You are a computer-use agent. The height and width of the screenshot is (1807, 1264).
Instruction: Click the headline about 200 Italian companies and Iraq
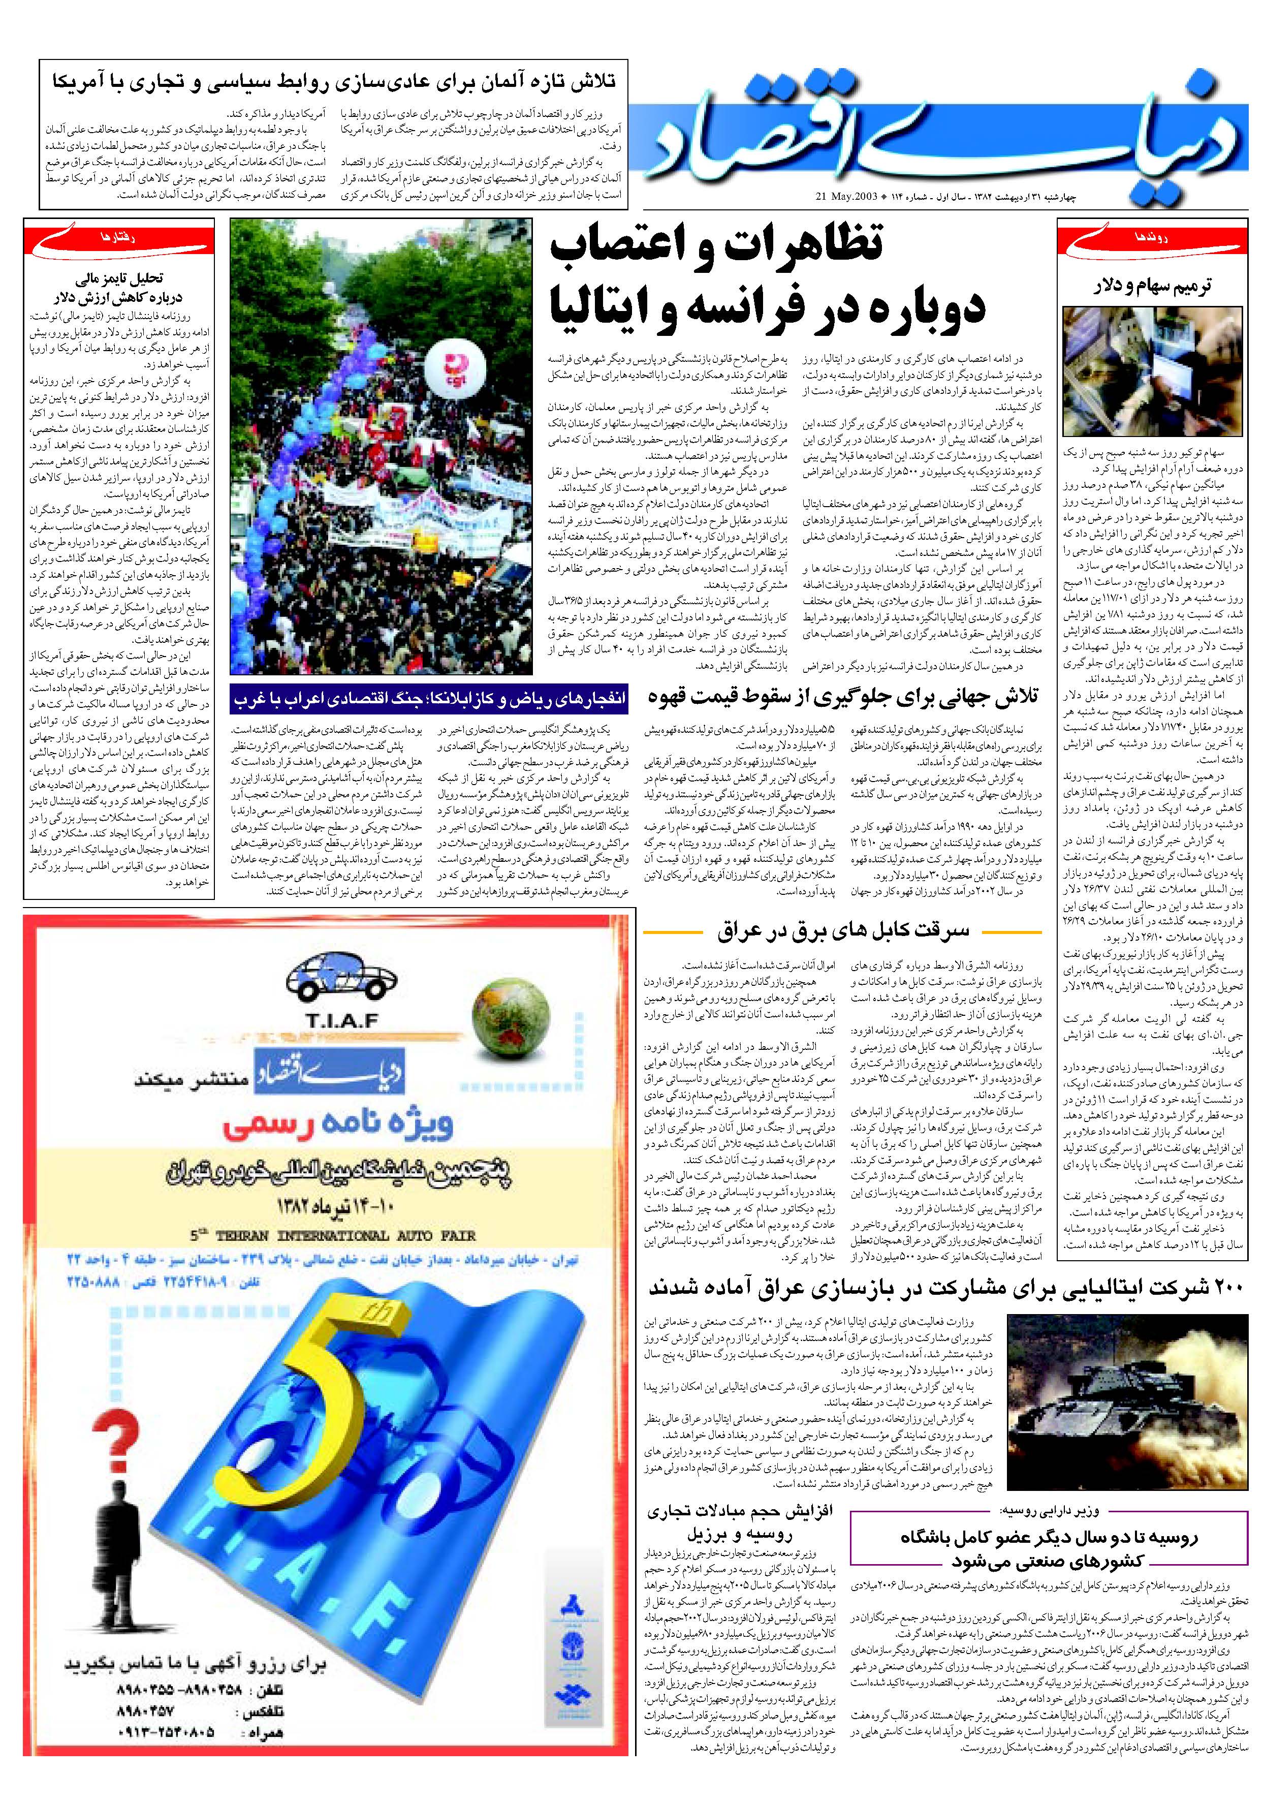point(944,1288)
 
